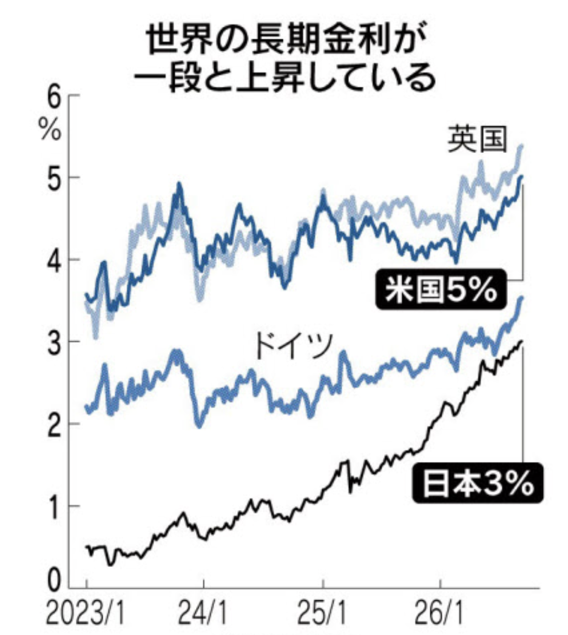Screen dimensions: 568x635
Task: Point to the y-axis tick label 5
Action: pos(55,178)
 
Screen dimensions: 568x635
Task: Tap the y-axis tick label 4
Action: pos(55,260)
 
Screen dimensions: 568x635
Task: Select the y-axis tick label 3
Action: pos(55,342)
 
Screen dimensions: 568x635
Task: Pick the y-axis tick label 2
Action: pos(55,424)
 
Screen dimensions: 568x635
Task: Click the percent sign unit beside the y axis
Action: pos(50,129)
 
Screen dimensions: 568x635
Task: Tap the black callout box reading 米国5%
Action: pos(441,289)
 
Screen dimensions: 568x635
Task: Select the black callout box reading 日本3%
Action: pos(478,483)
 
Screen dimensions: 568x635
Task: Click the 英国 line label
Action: pos(478,139)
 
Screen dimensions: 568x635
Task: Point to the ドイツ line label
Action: pos(294,346)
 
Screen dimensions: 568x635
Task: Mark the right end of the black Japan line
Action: pos(522,341)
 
